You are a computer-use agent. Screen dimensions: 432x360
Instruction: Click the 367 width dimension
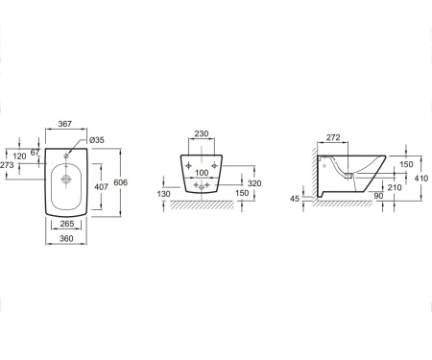coord(65,124)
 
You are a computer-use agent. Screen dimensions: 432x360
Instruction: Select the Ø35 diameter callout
coord(97,140)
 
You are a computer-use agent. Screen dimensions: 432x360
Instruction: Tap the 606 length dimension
coord(121,182)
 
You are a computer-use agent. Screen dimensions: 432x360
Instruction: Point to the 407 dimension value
coord(101,186)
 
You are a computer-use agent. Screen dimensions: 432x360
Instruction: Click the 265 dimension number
coord(67,224)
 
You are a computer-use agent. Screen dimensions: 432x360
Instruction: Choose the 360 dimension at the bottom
coord(66,238)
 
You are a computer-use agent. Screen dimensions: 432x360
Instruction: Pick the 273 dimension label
coord(7,165)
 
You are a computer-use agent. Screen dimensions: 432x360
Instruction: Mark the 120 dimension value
coord(19,156)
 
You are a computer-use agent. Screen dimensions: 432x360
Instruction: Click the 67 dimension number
coord(35,153)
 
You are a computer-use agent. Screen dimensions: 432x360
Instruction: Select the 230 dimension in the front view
coord(202,133)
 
